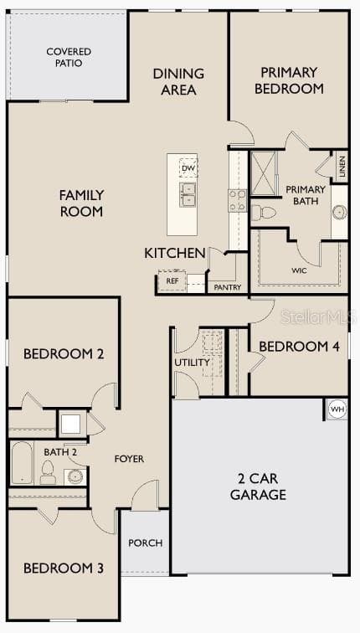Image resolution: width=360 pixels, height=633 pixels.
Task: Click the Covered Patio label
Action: tap(69, 57)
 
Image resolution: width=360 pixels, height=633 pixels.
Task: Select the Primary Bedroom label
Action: tap(288, 80)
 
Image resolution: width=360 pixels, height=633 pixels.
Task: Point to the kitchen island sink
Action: tap(188, 195)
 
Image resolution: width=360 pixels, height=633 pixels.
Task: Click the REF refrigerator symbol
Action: tap(172, 280)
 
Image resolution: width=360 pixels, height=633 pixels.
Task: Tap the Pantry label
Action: tap(227, 287)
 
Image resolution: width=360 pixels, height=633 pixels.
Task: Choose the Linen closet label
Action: tap(342, 167)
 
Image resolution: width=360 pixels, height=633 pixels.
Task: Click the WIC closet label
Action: tap(299, 271)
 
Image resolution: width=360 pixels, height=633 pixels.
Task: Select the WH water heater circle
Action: tap(337, 409)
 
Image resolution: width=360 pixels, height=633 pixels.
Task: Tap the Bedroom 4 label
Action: tap(299, 346)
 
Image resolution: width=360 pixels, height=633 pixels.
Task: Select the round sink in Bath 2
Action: tap(75, 476)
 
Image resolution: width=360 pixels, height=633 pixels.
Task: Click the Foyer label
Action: tap(129, 459)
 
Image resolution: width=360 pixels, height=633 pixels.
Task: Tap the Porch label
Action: tap(145, 543)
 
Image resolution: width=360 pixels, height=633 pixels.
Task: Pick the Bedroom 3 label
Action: tap(63, 568)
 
